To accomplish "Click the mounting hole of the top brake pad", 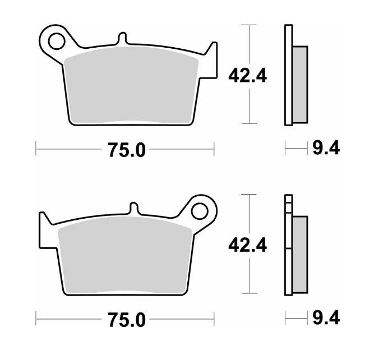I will pyautogui.click(x=56, y=40).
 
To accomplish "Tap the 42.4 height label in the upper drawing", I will pyautogui.click(x=247, y=75).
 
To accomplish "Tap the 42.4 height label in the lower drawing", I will pyautogui.click(x=247, y=244).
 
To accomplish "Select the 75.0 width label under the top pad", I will pyautogui.click(x=125, y=150).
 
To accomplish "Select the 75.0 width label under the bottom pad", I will pyautogui.click(x=125, y=320).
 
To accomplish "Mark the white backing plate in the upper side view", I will pyautogui.click(x=288, y=76).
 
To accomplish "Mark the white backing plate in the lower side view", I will pyautogui.click(x=288, y=247).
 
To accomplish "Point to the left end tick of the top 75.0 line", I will pyautogui.click(x=36, y=149).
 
